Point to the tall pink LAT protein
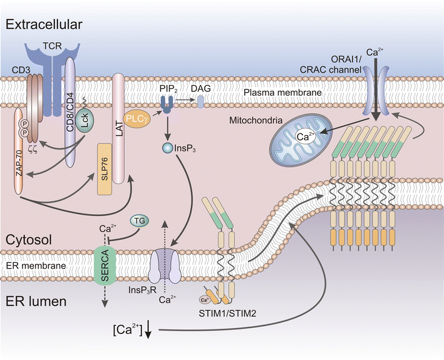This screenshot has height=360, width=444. point(118,125)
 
